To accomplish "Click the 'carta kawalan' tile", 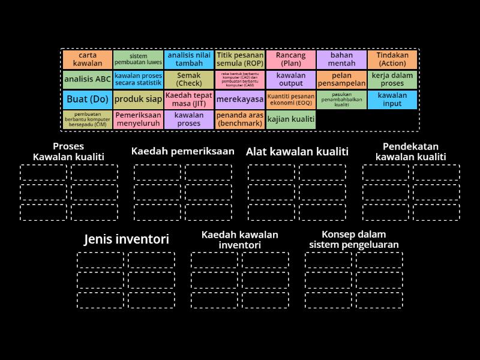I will [x=87, y=59].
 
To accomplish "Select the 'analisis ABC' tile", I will [x=87, y=79].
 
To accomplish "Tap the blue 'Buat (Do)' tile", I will [x=87, y=100].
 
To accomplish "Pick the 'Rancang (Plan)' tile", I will [x=291, y=59].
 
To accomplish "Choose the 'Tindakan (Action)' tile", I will [x=392, y=59].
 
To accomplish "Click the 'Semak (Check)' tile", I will [x=189, y=79].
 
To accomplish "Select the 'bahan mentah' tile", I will [x=341, y=59].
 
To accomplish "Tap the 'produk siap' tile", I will [x=138, y=100].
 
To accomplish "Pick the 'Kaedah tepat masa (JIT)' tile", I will [x=189, y=100].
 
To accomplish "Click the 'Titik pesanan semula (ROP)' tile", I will [x=240, y=59].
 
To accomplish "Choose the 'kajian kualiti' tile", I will [x=291, y=119].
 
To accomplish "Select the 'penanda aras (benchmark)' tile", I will [x=240, y=119].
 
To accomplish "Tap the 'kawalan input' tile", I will [x=392, y=100].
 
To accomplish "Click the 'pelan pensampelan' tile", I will [x=341, y=79].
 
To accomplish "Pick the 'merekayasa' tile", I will [x=240, y=100].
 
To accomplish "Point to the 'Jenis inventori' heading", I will [x=127, y=239].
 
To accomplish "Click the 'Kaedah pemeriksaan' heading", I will [x=182, y=151].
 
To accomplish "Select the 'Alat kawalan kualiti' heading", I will [x=297, y=152].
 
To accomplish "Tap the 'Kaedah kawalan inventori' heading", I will [x=240, y=239].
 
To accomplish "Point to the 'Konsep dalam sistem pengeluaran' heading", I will [x=354, y=239].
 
